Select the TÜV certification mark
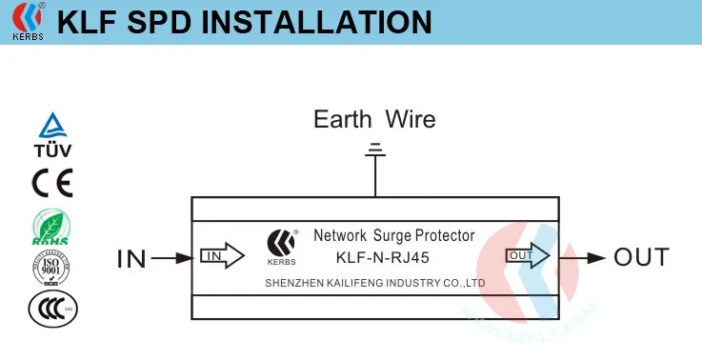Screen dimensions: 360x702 pos(52,135)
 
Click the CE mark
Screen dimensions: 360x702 pos(52,181)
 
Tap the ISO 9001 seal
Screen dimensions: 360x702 pos(52,268)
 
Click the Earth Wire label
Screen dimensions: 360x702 pos(374,119)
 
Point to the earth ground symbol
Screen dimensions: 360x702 pos(375,149)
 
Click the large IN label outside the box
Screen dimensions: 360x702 pos(130,257)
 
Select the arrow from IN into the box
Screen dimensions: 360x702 pos(171,257)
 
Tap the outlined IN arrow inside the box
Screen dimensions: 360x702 pos(221,256)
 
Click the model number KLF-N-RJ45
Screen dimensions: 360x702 pos(385,258)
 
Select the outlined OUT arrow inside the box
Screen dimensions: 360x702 pos(528,256)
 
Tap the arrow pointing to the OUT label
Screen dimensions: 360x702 pos(583,257)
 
